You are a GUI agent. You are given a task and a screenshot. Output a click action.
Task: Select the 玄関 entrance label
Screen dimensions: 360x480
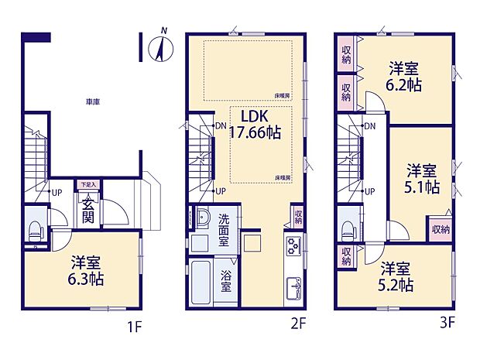pyautogui.click(x=87, y=207)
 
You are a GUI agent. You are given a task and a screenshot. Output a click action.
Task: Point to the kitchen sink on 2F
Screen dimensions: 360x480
pyautogui.click(x=295, y=287)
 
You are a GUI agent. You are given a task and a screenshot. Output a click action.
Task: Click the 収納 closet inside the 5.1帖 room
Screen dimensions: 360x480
pyautogui.click(x=440, y=229)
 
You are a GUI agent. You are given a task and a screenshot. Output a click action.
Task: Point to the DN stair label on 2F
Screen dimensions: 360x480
pyautogui.click(x=220, y=126)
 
